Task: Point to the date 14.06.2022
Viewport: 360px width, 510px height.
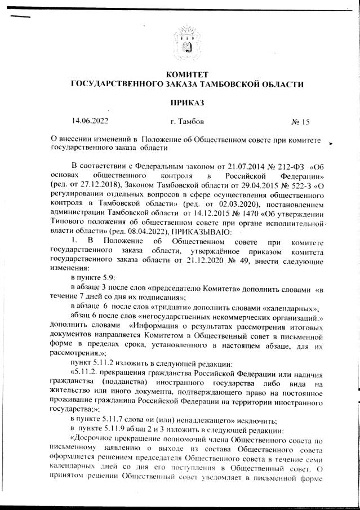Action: [x=90, y=121]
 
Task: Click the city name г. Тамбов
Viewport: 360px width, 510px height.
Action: [x=187, y=121]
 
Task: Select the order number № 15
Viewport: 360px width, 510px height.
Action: [x=300, y=121]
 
